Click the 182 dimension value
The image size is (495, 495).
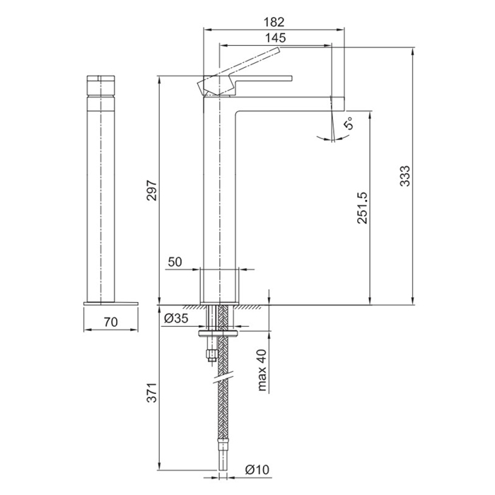pyautogui.click(x=274, y=22)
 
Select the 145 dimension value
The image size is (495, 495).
pyautogui.click(x=275, y=38)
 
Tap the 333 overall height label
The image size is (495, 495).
pyautogui.click(x=404, y=176)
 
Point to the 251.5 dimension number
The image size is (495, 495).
pyautogui.click(x=362, y=208)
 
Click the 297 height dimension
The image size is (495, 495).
pyautogui.click(x=152, y=190)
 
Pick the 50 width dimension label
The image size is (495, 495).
pyautogui.click(x=175, y=262)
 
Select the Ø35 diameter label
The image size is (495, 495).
pyautogui.click(x=176, y=318)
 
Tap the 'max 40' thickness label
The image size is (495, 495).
pyautogui.click(x=262, y=370)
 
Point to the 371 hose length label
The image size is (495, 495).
pyautogui.click(x=152, y=392)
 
